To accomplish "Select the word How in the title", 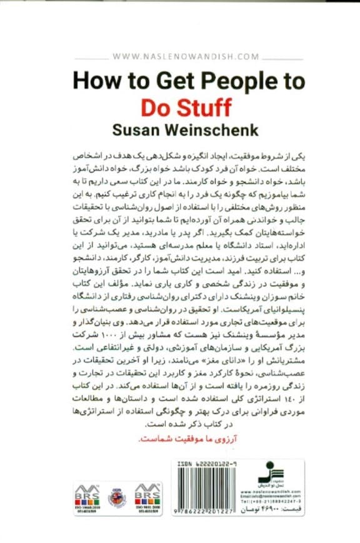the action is click(x=94, y=81).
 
